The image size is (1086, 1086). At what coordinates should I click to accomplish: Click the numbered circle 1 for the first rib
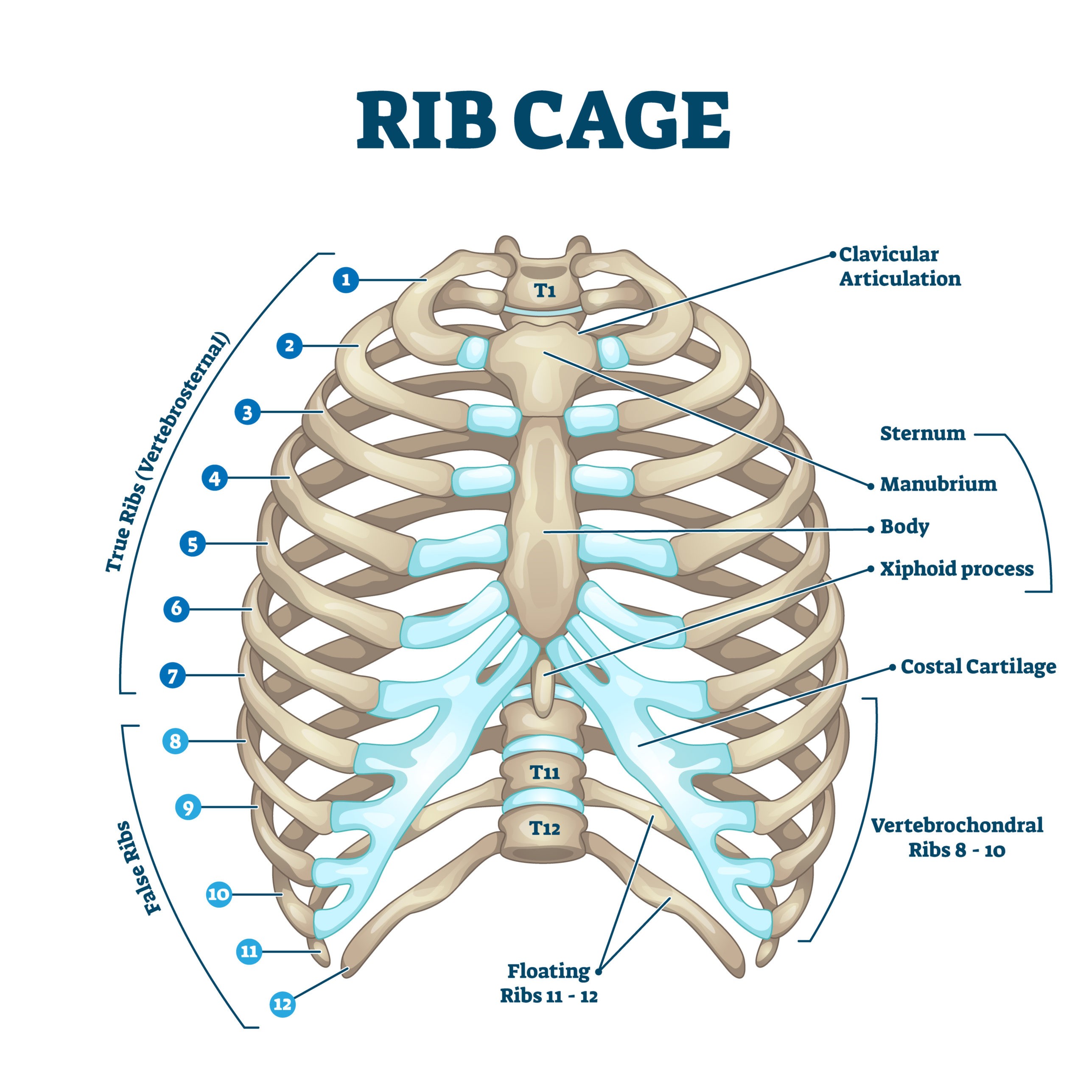346,280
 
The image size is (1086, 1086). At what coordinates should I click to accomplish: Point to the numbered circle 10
218,894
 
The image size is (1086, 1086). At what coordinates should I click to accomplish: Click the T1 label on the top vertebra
544,290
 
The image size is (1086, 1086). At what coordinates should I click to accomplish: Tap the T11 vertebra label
545,773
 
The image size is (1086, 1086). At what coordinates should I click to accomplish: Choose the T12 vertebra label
545,828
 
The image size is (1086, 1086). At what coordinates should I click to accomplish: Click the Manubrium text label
938,484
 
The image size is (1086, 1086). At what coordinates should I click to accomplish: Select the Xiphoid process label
956,569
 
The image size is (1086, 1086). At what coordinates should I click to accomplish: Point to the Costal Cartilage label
978,667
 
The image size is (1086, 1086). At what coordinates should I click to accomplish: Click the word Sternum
922,434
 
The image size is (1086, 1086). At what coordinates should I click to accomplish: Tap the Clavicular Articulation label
899,266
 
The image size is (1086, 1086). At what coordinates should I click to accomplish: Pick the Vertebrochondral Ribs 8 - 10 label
957,837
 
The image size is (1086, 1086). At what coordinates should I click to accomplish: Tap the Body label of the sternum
904,527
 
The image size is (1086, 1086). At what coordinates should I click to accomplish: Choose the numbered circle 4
214,479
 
